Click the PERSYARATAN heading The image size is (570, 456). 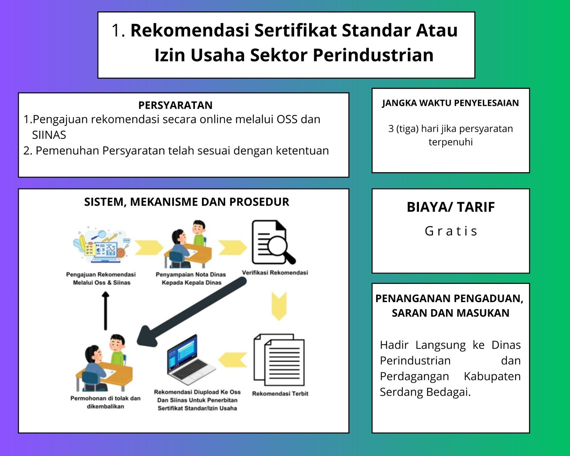click(175, 105)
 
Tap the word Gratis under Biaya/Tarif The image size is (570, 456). click(451, 231)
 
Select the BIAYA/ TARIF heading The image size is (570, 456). click(451, 207)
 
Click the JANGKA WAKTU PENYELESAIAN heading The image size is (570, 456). click(450, 103)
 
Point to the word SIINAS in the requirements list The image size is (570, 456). click(49, 135)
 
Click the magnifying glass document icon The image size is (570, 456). click(273, 242)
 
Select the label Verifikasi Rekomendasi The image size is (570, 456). click(275, 273)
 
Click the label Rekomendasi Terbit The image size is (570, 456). click(280, 394)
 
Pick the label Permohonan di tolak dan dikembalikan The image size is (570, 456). click(105, 402)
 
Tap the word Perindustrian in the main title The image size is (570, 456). click(373, 55)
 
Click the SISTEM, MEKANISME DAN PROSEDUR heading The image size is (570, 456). click(186, 202)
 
